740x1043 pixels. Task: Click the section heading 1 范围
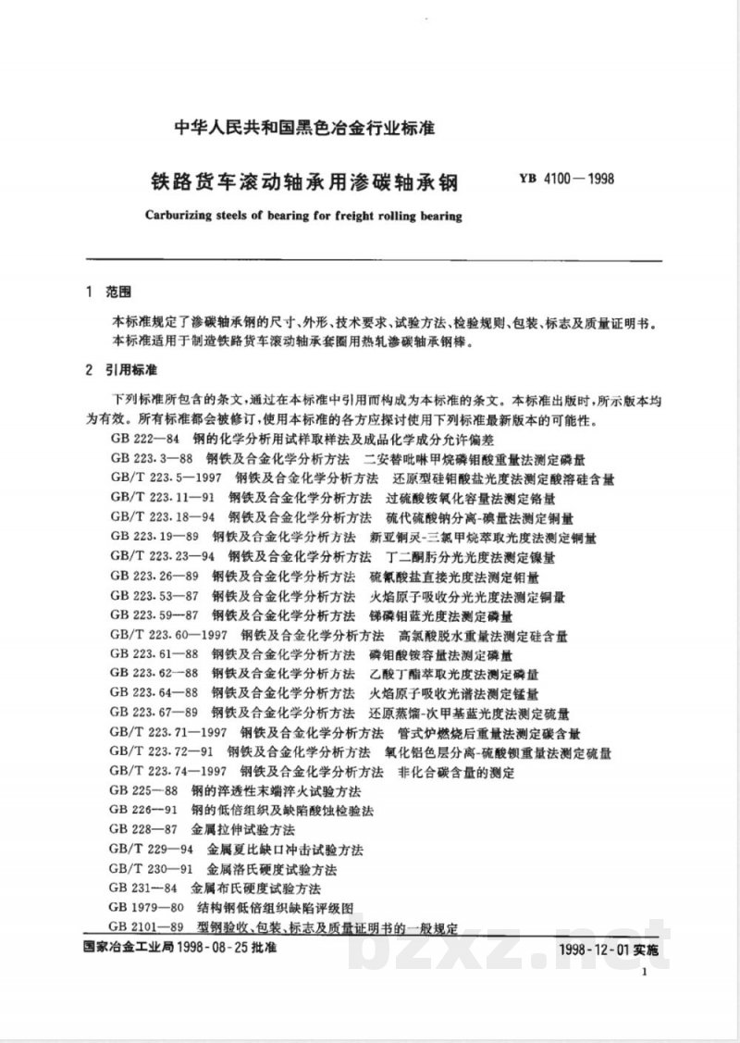click(x=108, y=292)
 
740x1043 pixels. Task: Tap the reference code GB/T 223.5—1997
click(x=166, y=478)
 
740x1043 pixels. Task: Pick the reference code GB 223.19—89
click(x=153, y=536)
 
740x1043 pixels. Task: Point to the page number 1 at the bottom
click(x=641, y=973)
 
